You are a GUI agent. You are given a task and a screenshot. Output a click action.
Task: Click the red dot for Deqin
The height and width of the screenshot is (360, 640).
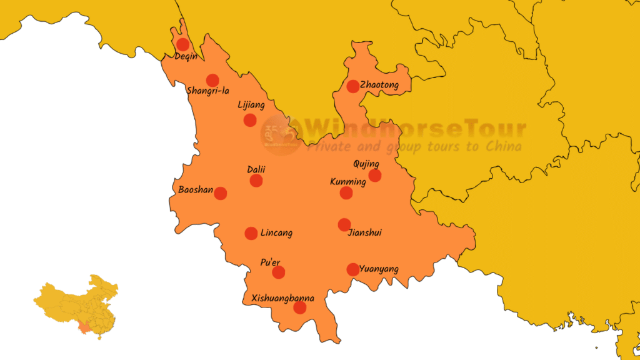coord(182,44)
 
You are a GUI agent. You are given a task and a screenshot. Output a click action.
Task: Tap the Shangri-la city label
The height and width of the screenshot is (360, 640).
coord(208,91)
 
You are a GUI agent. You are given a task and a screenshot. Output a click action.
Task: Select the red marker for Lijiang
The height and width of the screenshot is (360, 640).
coord(250,120)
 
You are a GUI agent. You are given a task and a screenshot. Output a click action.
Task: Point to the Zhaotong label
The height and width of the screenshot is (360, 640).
coord(379,84)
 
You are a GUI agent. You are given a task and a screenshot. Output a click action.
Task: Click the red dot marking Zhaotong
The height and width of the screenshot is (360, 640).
coord(353,86)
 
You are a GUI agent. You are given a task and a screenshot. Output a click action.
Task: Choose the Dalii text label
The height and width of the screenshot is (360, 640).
coord(256,169)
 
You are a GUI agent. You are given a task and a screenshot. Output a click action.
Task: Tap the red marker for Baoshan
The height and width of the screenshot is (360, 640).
coord(221,193)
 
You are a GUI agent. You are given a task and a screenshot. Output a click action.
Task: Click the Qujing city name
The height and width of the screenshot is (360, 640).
coord(366,164)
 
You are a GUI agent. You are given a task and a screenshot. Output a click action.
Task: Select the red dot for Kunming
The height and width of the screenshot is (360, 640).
coord(346,192)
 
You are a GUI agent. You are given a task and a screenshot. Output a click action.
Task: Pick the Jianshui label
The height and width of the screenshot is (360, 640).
coord(364,233)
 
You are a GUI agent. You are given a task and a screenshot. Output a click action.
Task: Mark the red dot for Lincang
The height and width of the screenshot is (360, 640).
coord(251,233)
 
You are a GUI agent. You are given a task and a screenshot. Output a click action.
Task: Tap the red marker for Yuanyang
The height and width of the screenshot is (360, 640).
coord(352,269)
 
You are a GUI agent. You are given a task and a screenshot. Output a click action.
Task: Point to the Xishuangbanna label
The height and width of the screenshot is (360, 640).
coord(282,298)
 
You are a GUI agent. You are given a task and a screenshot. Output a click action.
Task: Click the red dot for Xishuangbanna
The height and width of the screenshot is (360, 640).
coord(300,307)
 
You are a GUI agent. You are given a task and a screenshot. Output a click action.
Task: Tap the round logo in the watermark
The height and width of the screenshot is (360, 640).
coord(281,134)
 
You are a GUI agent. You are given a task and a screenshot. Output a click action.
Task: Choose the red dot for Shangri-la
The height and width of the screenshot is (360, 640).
coord(212,80)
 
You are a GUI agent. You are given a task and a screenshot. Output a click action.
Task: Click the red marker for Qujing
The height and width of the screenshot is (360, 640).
coord(374,176)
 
